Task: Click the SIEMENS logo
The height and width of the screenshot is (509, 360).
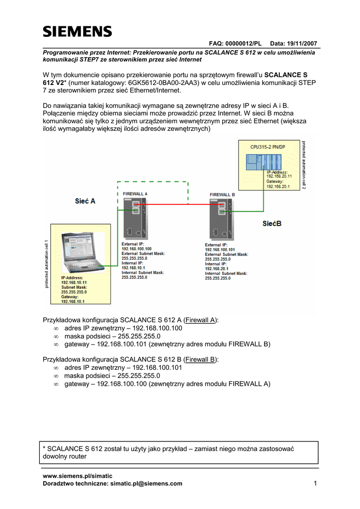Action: pos(77,32)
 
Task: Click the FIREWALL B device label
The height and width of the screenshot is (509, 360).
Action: pos(222,194)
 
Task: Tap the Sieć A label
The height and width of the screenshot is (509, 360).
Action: pos(85,201)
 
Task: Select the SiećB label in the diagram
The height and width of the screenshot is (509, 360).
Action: pos(272,224)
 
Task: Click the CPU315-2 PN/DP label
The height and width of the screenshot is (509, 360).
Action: pos(268,147)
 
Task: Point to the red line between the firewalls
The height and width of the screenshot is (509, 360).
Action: pos(179,204)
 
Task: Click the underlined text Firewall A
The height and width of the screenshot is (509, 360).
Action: pos(201,320)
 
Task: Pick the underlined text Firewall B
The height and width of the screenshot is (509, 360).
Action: pos(201,359)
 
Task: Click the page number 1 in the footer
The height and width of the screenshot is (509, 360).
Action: pos(315,483)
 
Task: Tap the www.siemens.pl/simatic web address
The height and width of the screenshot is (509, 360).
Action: pos(78,476)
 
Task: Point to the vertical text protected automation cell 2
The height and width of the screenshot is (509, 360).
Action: pos(304,165)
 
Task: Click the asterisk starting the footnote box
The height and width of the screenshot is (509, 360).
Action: pos(46,449)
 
